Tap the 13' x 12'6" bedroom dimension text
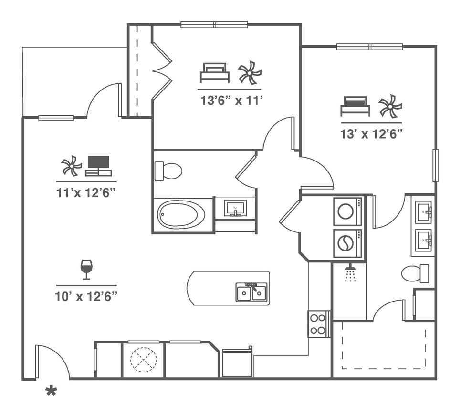[372, 134]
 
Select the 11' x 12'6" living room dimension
[86, 192]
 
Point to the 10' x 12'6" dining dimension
[86, 296]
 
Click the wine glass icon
[86, 269]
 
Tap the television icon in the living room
[99, 166]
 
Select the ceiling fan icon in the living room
[72, 166]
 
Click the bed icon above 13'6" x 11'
[214, 73]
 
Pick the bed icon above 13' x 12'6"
[355, 106]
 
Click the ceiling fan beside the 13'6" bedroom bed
[250, 73]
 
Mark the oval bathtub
[181, 215]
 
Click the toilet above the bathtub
[168, 171]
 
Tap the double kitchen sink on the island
[251, 291]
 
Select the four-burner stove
[318, 323]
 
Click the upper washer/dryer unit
[347, 211]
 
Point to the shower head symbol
[350, 274]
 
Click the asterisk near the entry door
[51, 392]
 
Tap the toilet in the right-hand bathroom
[415, 273]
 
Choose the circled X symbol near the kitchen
[144, 360]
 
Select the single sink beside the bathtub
[235, 208]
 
